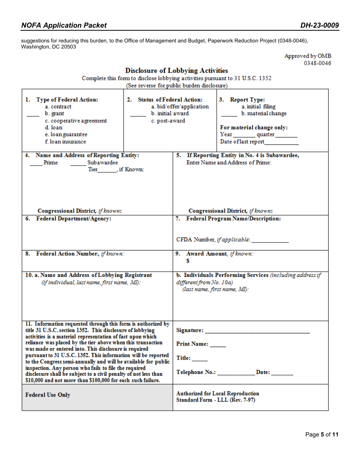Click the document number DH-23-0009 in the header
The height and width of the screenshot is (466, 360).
coord(319,25)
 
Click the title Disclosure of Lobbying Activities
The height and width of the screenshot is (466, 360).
coord(177,70)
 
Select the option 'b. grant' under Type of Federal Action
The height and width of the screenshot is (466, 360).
coord(54,114)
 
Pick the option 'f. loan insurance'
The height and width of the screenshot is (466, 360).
coord(65,142)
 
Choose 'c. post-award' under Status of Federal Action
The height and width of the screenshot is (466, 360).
coord(168,121)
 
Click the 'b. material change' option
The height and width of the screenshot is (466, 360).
coord(264,114)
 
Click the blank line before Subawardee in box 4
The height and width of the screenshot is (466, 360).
coord(78,164)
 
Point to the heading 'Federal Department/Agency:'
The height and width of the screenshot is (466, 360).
coord(74,219)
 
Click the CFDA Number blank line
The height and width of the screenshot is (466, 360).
coord(270,241)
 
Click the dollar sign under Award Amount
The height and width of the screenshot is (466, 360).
coord(188,261)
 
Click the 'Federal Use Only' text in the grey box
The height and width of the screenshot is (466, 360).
coord(48,395)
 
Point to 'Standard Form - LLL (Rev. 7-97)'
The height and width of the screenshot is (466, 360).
coord(216,400)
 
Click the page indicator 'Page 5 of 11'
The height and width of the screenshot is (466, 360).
coord(322,435)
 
